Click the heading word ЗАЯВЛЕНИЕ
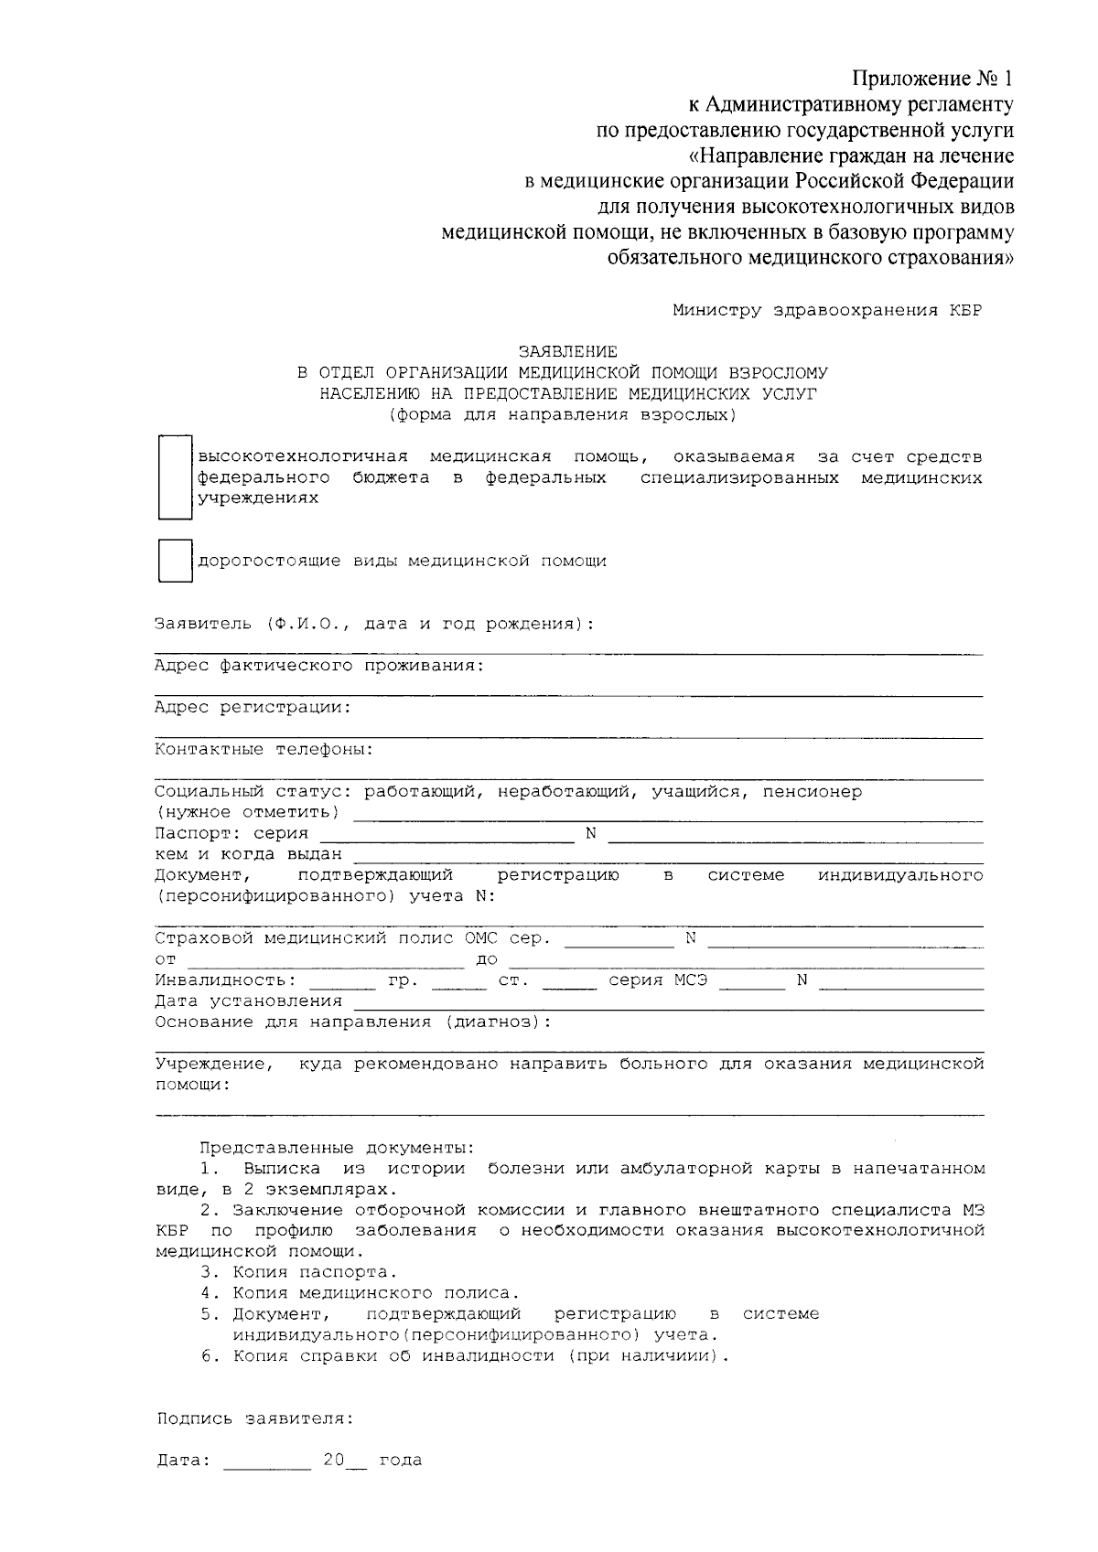(x=567, y=351)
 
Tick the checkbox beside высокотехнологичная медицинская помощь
(x=175, y=477)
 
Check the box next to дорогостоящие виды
(x=175, y=561)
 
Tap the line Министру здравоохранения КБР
(x=826, y=310)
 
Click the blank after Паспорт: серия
(x=446, y=834)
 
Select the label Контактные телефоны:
(x=264, y=750)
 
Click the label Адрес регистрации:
(x=253, y=708)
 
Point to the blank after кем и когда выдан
(x=668, y=855)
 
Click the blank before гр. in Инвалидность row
(x=343, y=981)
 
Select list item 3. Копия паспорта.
(x=299, y=1272)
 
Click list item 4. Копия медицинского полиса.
(x=360, y=1293)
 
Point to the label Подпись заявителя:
(x=254, y=1419)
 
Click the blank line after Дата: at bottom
(x=267, y=1461)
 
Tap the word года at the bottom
(x=400, y=1461)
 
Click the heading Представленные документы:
(x=337, y=1148)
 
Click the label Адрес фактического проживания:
(x=318, y=666)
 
